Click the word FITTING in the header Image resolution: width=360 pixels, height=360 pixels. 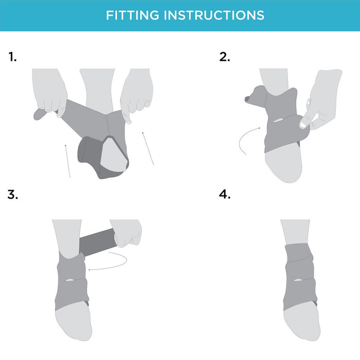pos(133,15)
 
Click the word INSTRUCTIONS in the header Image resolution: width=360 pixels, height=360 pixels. pos(214,15)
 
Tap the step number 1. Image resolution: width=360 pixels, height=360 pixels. pos(12,57)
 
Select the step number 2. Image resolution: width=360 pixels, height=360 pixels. pos(224,57)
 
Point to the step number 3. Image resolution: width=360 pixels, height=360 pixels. pos(12,195)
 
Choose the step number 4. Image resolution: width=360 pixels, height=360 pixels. pos(224,195)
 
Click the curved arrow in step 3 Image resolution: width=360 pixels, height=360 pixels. pos(124,264)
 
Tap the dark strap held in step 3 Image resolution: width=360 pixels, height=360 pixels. pos(98,242)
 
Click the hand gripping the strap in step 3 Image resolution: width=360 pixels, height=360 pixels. pos(127,232)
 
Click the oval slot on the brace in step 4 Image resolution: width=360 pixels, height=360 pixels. pos(298,280)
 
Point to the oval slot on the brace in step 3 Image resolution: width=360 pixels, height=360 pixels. pos(69,280)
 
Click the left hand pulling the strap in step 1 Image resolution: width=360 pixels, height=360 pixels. pos(49,92)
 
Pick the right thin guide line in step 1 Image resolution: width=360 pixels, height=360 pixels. pos(148,149)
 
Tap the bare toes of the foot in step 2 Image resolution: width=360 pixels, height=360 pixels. pos(283,163)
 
